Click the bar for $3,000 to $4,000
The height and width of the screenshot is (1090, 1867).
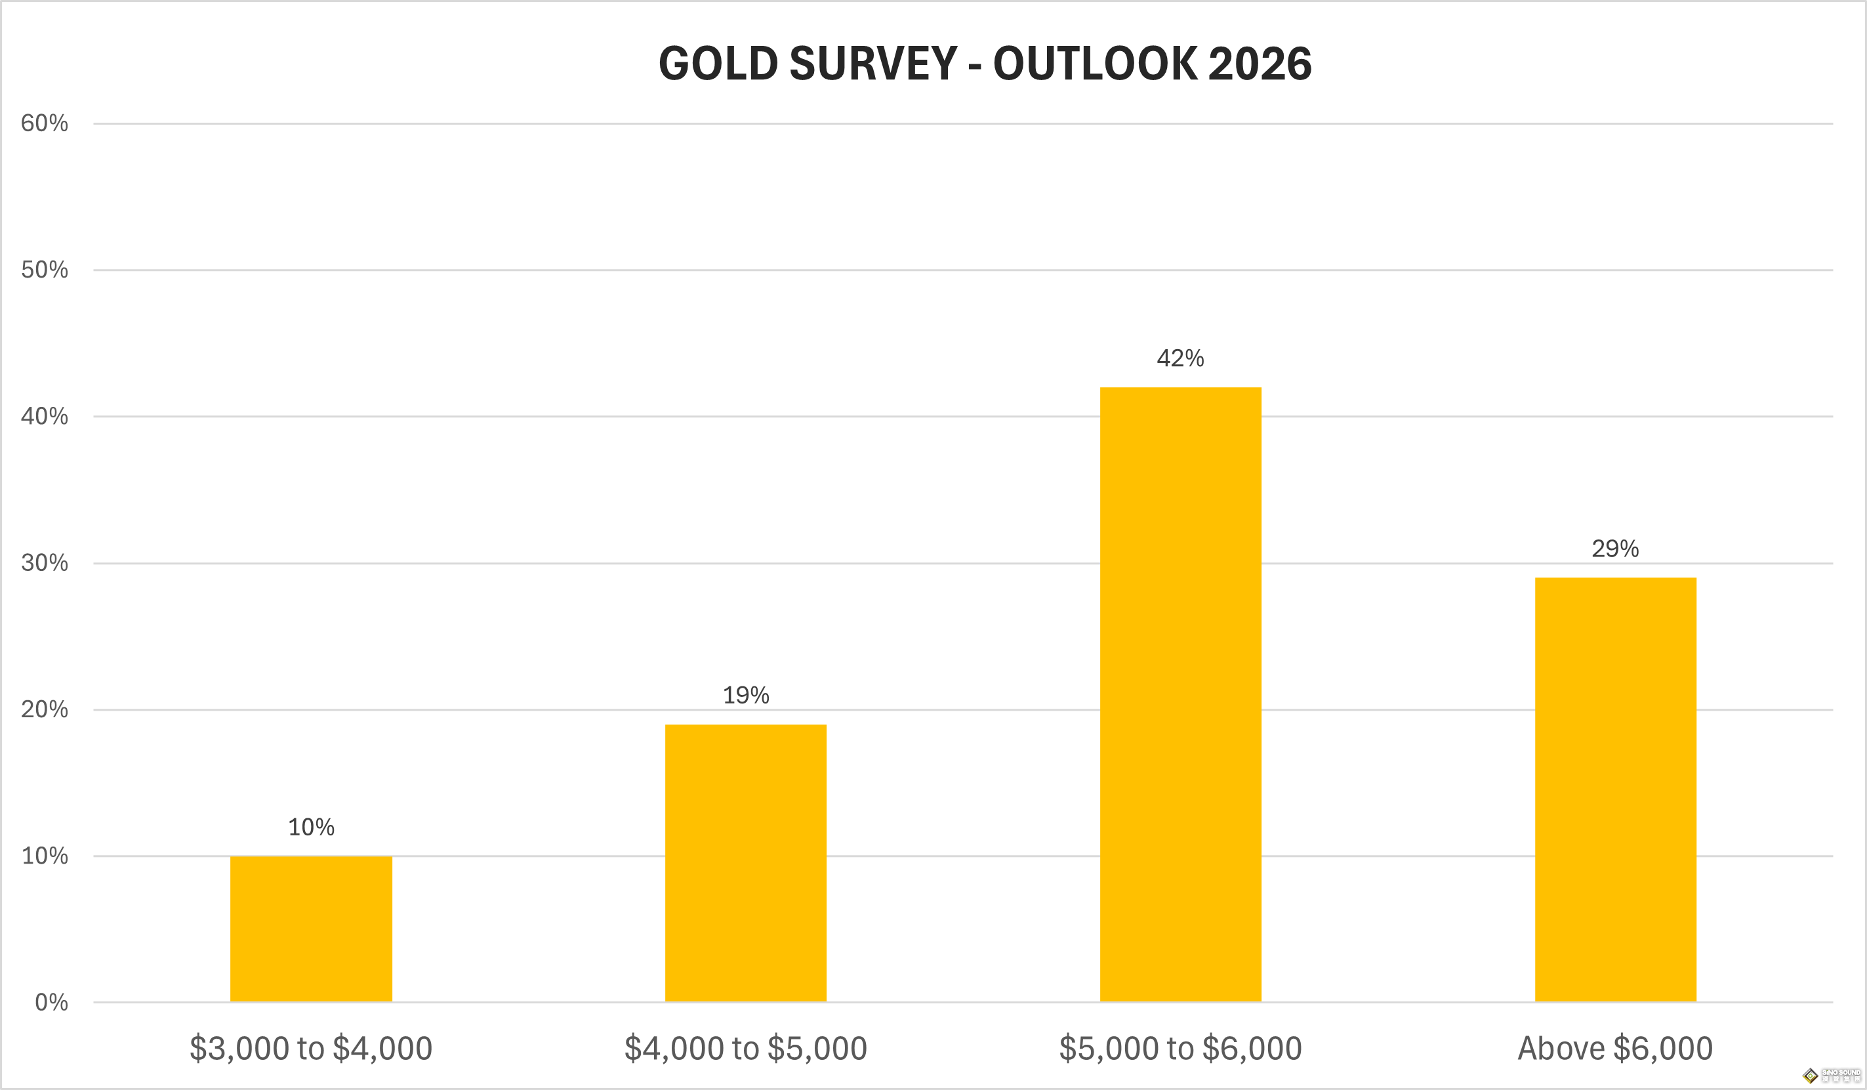pyautogui.click(x=311, y=929)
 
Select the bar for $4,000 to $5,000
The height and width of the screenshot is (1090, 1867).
pyautogui.click(x=745, y=863)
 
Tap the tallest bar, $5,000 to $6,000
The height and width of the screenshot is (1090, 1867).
pyautogui.click(x=1180, y=694)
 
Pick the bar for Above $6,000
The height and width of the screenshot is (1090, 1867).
pyautogui.click(x=1615, y=790)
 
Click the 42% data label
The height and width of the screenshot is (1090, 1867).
pyautogui.click(x=1180, y=359)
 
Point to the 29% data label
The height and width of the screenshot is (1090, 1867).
pyautogui.click(x=1615, y=549)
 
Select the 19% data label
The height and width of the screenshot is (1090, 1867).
pyautogui.click(x=745, y=696)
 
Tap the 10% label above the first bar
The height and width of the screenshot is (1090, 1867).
pyautogui.click(x=311, y=827)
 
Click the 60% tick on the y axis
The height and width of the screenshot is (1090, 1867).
pyautogui.click(x=45, y=123)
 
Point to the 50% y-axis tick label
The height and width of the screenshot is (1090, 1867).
pyautogui.click(x=45, y=270)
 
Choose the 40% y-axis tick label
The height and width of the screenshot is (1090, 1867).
pyautogui.click(x=45, y=417)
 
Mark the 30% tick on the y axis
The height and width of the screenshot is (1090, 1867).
pyautogui.click(x=45, y=563)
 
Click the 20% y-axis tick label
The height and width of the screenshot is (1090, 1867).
pyautogui.click(x=45, y=710)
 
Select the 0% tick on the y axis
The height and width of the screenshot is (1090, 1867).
pyautogui.click(x=51, y=1003)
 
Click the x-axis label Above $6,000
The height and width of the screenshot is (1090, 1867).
pyautogui.click(x=1615, y=1049)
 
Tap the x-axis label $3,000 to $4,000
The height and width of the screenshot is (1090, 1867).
pyautogui.click(x=311, y=1049)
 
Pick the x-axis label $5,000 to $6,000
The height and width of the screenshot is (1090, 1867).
pyautogui.click(x=1180, y=1049)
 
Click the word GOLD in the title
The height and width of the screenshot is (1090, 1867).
pyautogui.click(x=717, y=64)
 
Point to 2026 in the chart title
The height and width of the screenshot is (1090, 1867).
pyautogui.click(x=1260, y=64)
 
